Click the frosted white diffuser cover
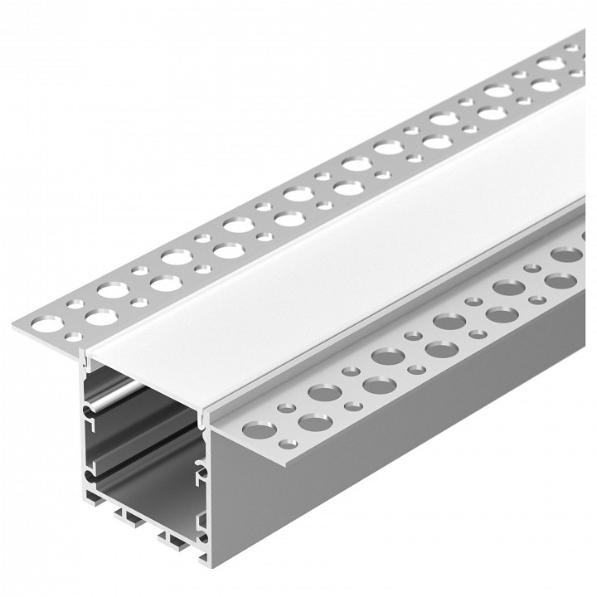point(332,249)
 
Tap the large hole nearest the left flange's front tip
point(100,317)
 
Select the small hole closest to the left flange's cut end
point(74,336)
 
